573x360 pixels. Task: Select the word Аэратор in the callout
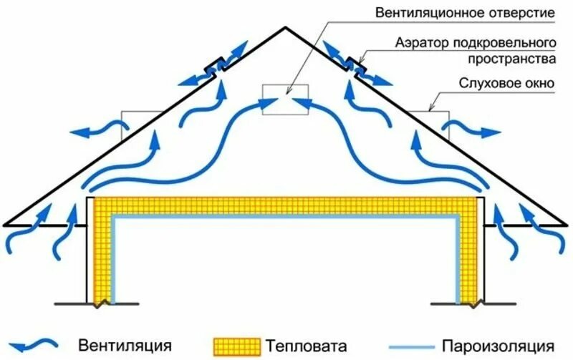click(x=422, y=44)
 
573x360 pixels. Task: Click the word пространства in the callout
click(x=511, y=59)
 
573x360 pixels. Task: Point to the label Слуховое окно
click(x=506, y=83)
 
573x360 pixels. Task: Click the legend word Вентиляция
click(x=125, y=345)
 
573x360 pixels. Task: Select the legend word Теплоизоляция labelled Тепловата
click(x=306, y=346)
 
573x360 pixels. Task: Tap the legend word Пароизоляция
click(x=498, y=346)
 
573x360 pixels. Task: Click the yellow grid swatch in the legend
click(x=237, y=346)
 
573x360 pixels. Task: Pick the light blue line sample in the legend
click(x=413, y=346)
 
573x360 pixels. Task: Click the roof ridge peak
click(x=285, y=27)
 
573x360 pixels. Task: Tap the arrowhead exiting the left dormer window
click(x=79, y=133)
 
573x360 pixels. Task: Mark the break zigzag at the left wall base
click(x=103, y=303)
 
